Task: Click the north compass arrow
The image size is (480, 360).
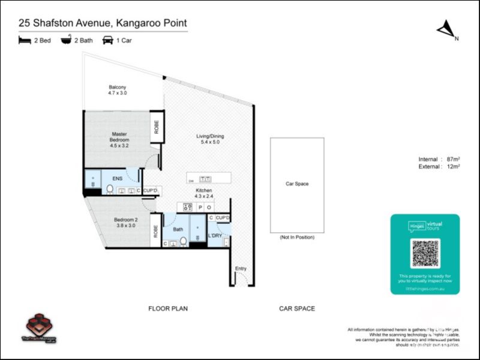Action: (x=446, y=29)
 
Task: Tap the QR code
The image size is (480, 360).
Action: (x=425, y=253)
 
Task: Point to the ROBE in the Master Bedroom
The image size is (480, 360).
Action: (x=157, y=127)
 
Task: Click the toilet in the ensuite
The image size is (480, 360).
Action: (x=110, y=190)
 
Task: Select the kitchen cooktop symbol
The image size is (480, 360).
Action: (x=187, y=207)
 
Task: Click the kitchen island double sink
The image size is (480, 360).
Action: (x=205, y=179)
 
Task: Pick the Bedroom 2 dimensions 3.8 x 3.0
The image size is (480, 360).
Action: (x=126, y=226)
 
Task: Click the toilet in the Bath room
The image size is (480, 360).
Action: (x=183, y=241)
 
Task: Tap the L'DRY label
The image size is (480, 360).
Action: (x=215, y=236)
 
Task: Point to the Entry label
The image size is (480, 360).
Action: (x=241, y=268)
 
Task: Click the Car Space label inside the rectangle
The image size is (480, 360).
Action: (x=297, y=184)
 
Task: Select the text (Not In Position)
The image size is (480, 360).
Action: (x=297, y=238)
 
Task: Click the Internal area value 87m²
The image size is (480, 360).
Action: (x=453, y=159)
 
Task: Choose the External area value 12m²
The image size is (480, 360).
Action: (x=453, y=167)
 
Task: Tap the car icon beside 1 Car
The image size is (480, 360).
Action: (x=108, y=40)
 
